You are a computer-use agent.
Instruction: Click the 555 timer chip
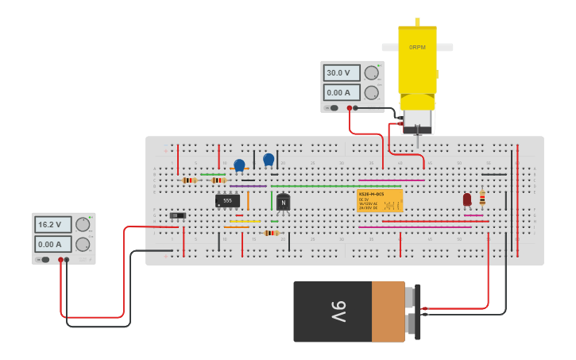[227, 201]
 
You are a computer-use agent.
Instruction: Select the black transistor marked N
[283, 202]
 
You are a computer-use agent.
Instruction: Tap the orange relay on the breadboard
[380, 200]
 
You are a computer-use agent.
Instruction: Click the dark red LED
[467, 199]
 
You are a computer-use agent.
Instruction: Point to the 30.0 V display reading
[342, 73]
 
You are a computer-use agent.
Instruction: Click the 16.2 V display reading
[53, 225]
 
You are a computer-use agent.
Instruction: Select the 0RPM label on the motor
[417, 48]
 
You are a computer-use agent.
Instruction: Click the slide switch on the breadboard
[178, 215]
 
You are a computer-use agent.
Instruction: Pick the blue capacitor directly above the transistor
[269, 160]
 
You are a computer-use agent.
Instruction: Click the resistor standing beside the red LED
[482, 198]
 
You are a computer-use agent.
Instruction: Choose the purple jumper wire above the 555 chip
[248, 186]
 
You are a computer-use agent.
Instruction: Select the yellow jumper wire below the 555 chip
[245, 221]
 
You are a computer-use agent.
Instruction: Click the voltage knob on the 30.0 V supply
[371, 73]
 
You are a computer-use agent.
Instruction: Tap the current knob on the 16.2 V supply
[83, 244]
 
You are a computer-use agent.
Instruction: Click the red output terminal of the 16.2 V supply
[60, 260]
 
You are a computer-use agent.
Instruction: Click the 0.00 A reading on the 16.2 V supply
[53, 245]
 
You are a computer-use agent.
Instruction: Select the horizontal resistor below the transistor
[271, 233]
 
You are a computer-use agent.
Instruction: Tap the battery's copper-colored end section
[389, 311]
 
